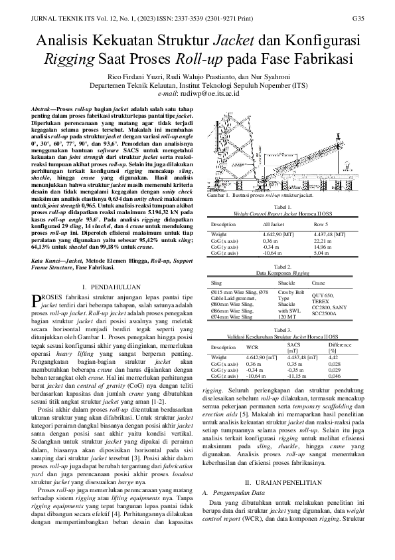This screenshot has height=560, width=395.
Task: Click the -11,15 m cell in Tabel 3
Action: [296, 375]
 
